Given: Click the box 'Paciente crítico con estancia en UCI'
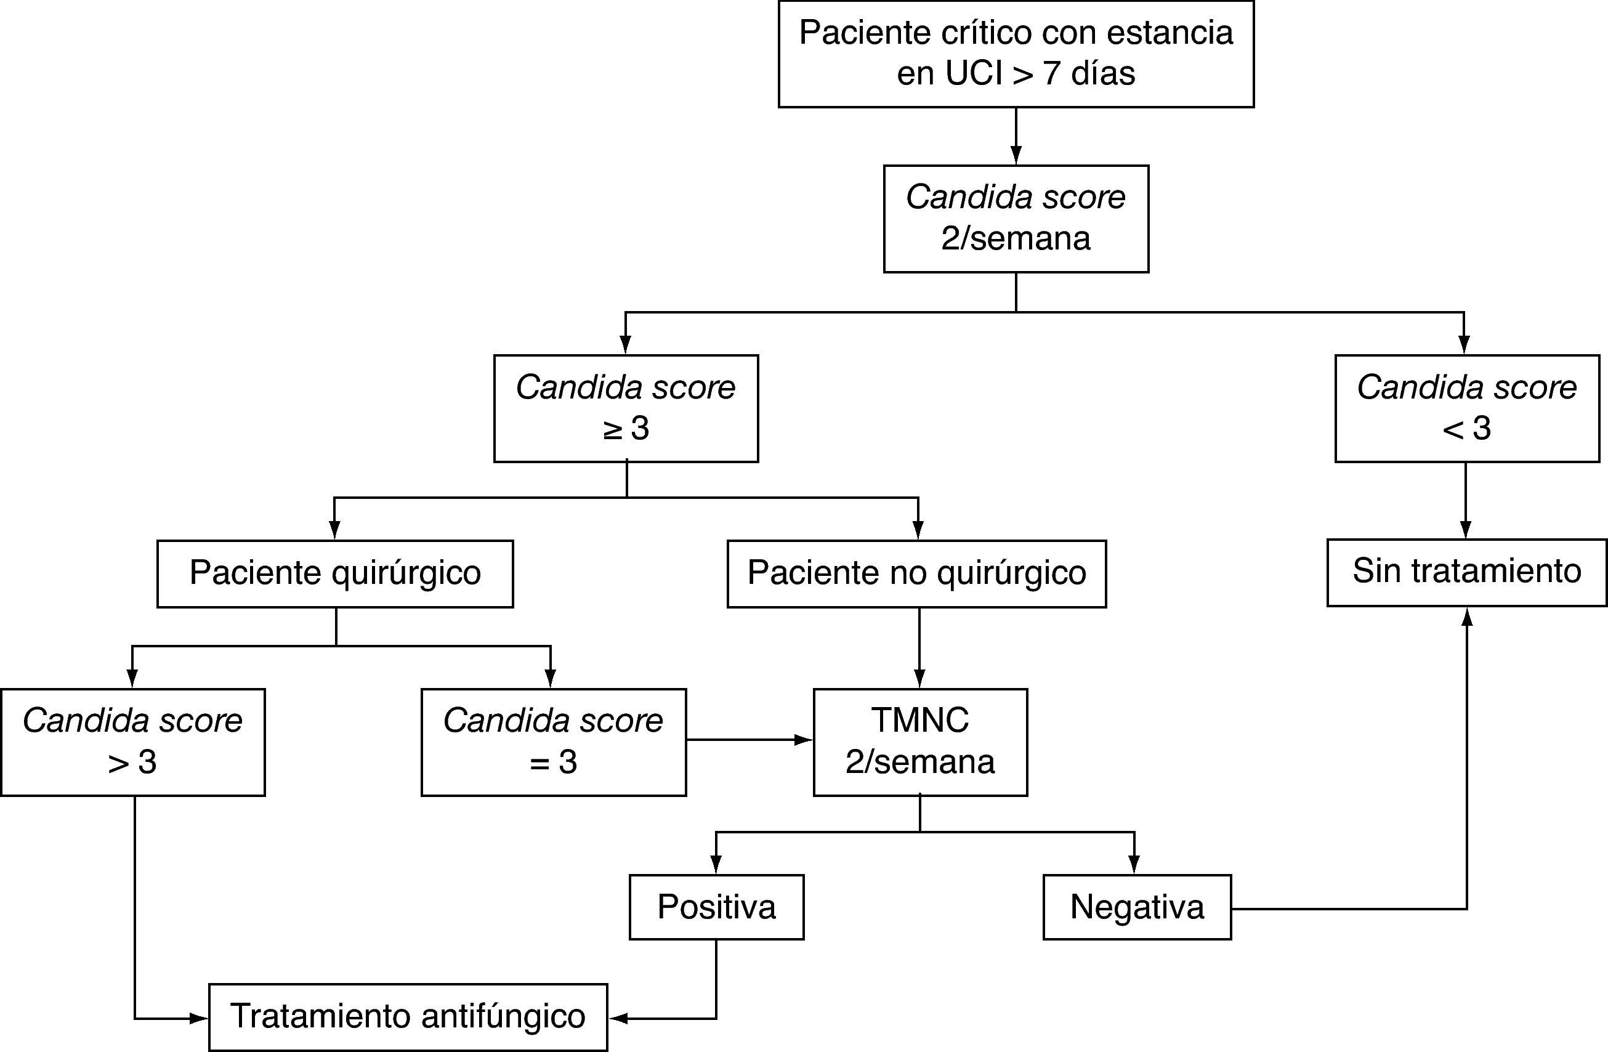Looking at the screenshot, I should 1016,54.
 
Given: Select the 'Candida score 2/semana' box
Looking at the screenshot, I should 1016,218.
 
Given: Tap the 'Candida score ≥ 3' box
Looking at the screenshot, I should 626,408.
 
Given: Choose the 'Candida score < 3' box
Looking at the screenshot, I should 1466,408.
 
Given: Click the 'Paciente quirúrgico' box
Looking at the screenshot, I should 334,573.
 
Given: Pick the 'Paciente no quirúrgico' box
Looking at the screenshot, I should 916,573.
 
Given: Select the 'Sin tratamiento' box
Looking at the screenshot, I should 1466,572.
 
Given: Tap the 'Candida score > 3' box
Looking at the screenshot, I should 132,742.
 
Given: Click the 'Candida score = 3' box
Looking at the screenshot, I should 553,742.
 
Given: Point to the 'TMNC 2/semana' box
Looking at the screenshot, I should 919,742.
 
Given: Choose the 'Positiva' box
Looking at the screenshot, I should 716,907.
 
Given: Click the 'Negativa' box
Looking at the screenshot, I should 1136,907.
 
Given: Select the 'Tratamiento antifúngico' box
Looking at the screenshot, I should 408,1017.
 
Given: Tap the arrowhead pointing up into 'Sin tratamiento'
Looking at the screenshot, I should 1467,616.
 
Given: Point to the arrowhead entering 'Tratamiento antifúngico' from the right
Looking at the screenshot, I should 618,1018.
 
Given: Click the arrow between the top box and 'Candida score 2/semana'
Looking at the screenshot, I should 1016,135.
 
